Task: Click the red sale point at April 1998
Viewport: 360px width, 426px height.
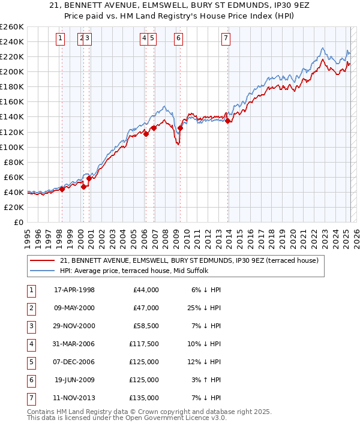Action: (62, 189)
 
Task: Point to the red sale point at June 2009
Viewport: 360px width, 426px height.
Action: (180, 128)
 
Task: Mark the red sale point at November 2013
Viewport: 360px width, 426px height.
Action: (227, 121)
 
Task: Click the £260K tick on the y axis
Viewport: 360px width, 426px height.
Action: (12, 27)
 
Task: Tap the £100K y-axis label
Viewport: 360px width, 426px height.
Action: (12, 147)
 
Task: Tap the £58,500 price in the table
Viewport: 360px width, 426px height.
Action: (146, 326)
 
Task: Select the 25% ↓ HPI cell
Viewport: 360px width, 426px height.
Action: (206, 308)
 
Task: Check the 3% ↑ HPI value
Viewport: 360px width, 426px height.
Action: (208, 380)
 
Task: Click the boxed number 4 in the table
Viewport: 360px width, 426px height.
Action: (31, 344)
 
